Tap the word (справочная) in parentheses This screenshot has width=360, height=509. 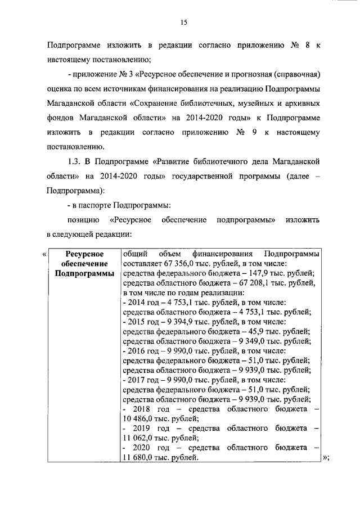coord(298,74)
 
